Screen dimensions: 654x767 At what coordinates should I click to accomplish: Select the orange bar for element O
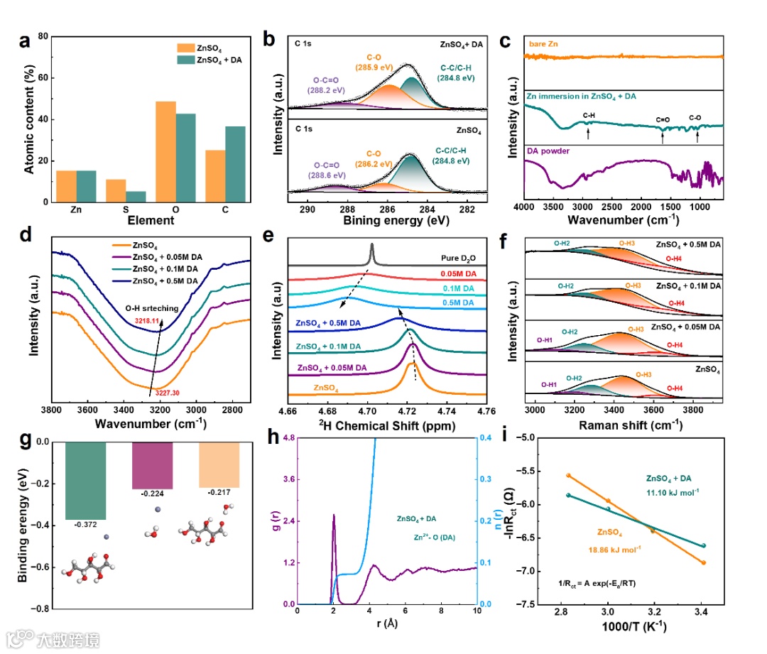[x=166, y=152]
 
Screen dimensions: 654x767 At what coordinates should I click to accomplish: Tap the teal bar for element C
[x=235, y=164]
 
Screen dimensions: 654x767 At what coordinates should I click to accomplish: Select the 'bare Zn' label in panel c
[x=543, y=45]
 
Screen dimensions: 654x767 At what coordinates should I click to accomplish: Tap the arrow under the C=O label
[x=663, y=136]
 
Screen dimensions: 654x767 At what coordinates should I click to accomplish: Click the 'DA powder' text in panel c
[x=548, y=151]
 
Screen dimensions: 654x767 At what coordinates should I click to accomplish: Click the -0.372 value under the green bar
[x=86, y=525]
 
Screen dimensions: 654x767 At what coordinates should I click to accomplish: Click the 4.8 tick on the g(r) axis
[x=288, y=442]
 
